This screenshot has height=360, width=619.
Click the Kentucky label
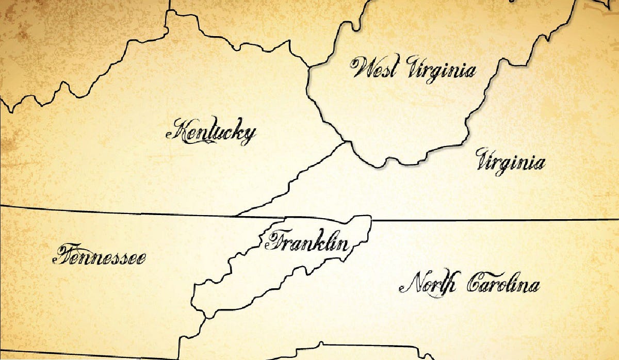coord(211,133)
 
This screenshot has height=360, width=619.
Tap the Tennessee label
coord(99,256)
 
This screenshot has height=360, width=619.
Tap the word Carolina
coord(503,285)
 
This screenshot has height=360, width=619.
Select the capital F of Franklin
coord(273,241)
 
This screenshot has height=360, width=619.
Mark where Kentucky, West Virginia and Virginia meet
coord(344,141)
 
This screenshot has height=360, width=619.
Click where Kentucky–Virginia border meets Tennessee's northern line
coord(235,215)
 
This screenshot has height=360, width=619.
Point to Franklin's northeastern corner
coord(370,217)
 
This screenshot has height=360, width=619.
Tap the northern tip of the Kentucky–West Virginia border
coord(308,67)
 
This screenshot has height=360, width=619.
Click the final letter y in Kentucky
coord(248,136)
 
